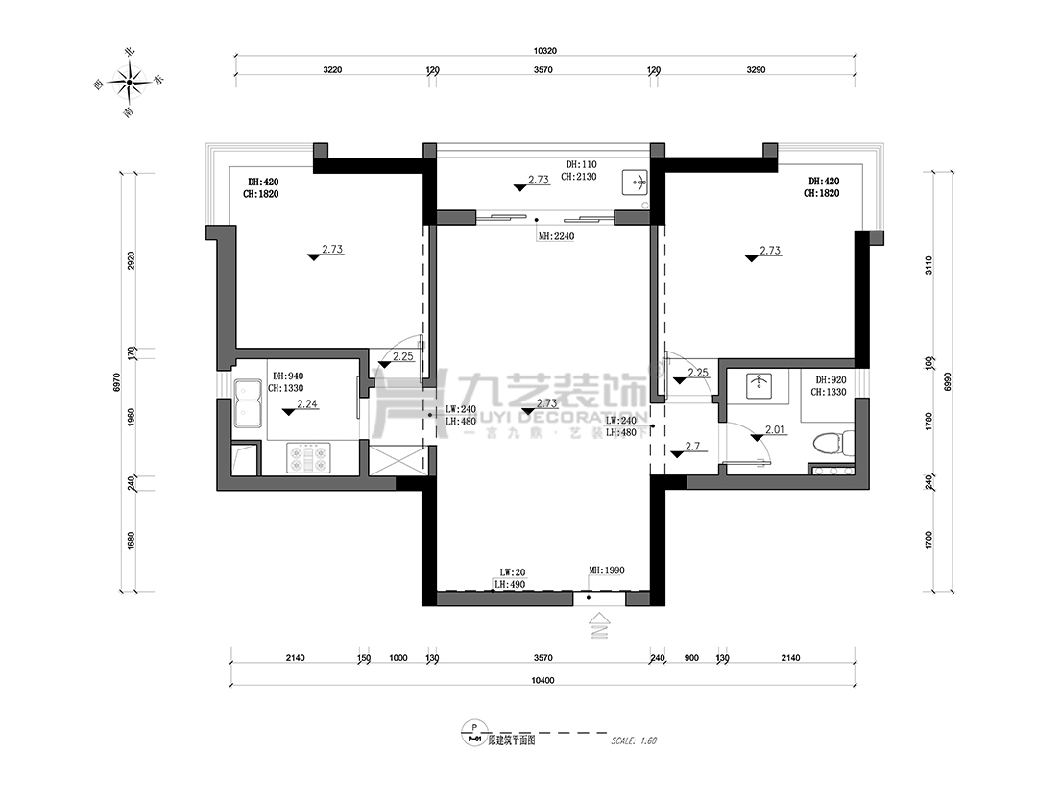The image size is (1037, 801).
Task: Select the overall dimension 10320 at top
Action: coord(544,50)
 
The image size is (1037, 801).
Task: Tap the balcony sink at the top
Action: coord(636,181)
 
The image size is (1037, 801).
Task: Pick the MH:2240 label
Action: coord(556,236)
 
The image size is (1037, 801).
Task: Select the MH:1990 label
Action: coord(607,570)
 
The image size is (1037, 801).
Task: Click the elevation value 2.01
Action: coord(776,430)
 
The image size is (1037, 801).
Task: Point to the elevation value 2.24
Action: coord(307,404)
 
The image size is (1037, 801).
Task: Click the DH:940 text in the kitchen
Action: coord(287,376)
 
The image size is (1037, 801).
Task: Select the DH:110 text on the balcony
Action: coord(582,164)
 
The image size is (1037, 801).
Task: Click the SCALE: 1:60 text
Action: coord(633,740)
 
